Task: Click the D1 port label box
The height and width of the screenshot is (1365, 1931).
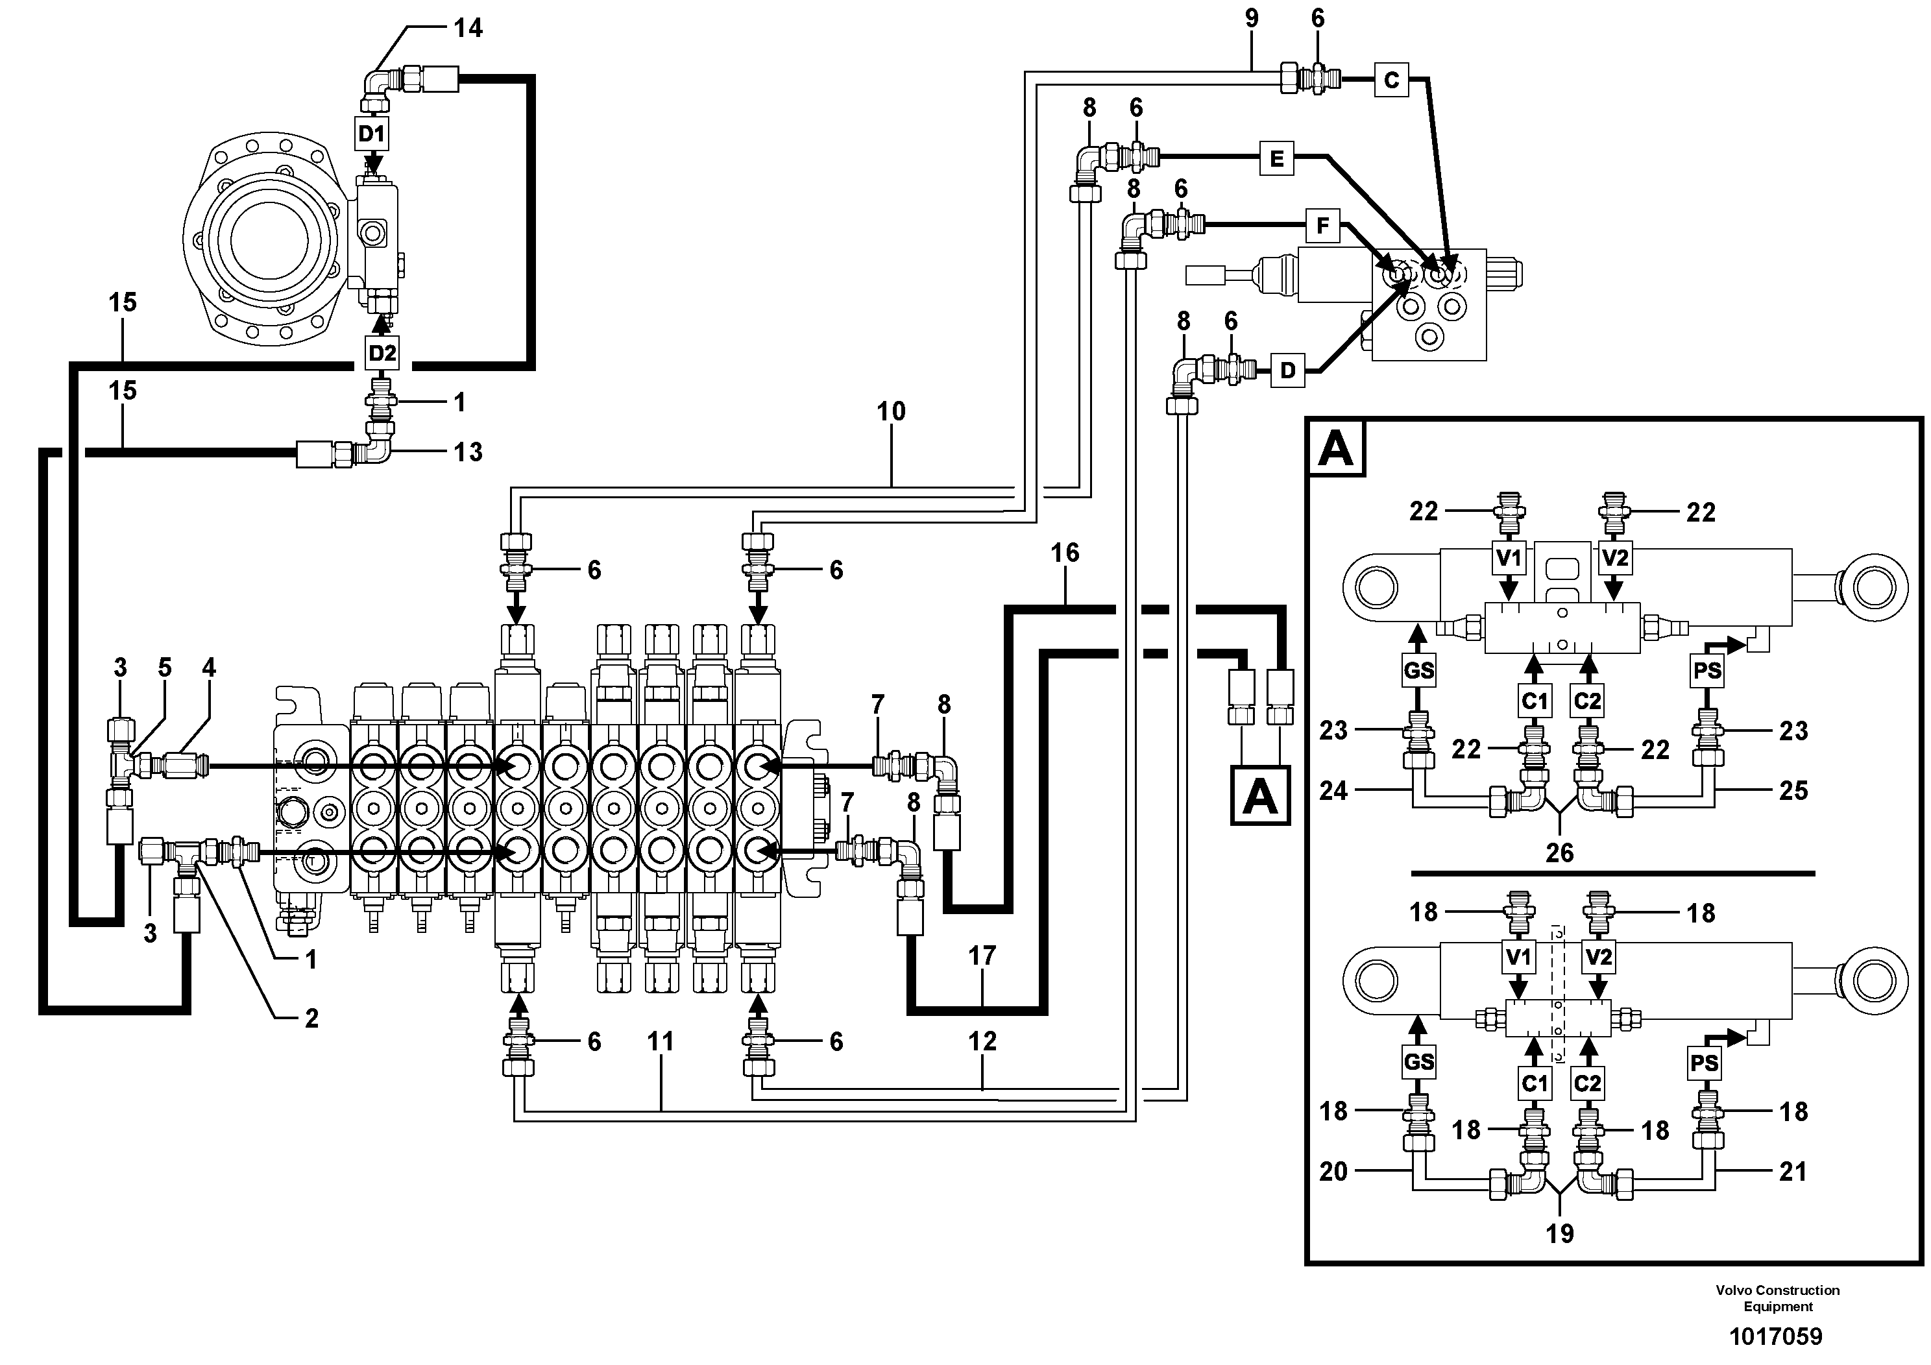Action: click(x=372, y=133)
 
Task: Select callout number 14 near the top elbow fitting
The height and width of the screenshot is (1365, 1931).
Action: click(x=468, y=29)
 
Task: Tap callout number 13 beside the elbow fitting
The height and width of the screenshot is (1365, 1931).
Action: click(x=468, y=452)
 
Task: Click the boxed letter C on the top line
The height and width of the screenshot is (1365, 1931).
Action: click(x=1391, y=80)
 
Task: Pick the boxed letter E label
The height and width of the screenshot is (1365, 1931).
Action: click(x=1277, y=158)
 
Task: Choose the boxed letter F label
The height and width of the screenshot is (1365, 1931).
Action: click(x=1323, y=225)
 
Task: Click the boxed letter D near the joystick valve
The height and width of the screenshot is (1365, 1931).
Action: click(x=1287, y=370)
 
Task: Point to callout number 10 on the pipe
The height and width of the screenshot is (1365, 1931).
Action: click(x=892, y=411)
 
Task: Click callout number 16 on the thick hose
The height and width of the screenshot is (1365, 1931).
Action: click(x=1065, y=553)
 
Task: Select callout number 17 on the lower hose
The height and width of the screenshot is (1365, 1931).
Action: click(x=982, y=956)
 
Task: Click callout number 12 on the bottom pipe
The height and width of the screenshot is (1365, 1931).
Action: click(x=982, y=1041)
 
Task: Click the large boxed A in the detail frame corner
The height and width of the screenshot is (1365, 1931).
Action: click(x=1335, y=448)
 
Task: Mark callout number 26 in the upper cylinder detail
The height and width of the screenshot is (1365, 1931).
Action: click(x=1559, y=853)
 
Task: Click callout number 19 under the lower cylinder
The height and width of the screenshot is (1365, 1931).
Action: click(x=1559, y=1234)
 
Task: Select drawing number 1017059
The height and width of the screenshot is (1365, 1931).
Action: click(x=1775, y=1336)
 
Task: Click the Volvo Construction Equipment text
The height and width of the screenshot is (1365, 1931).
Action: click(x=1778, y=1298)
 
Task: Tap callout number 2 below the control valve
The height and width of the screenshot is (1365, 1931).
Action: click(x=311, y=1019)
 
